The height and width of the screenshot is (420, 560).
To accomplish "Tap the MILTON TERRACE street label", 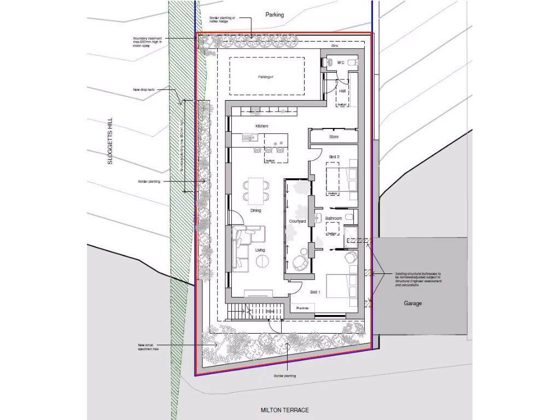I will pyautogui.click(x=284, y=410).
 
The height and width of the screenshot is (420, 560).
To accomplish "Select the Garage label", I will pyautogui.click(x=413, y=304).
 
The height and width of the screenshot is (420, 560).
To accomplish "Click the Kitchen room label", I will pyautogui.click(x=261, y=126).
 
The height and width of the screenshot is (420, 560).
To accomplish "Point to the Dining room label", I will pyautogui.click(x=255, y=211).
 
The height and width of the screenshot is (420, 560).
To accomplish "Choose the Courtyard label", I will pyautogui.click(x=297, y=221).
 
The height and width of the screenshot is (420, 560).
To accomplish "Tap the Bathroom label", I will pyautogui.click(x=334, y=219).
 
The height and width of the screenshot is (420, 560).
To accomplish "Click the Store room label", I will pyautogui.click(x=334, y=137).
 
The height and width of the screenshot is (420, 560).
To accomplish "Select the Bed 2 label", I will pyautogui.click(x=334, y=157).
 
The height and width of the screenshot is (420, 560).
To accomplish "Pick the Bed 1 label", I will pyautogui.click(x=316, y=293).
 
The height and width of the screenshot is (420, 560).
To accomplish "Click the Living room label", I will pyautogui.click(x=260, y=250).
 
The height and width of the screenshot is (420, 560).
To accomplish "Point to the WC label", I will pyautogui.click(x=341, y=63).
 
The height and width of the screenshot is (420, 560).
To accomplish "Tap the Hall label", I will pyautogui.click(x=342, y=91).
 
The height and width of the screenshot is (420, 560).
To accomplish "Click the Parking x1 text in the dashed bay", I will pyautogui.click(x=266, y=77).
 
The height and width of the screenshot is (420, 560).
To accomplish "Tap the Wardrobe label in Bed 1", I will pyautogui.click(x=302, y=308).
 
